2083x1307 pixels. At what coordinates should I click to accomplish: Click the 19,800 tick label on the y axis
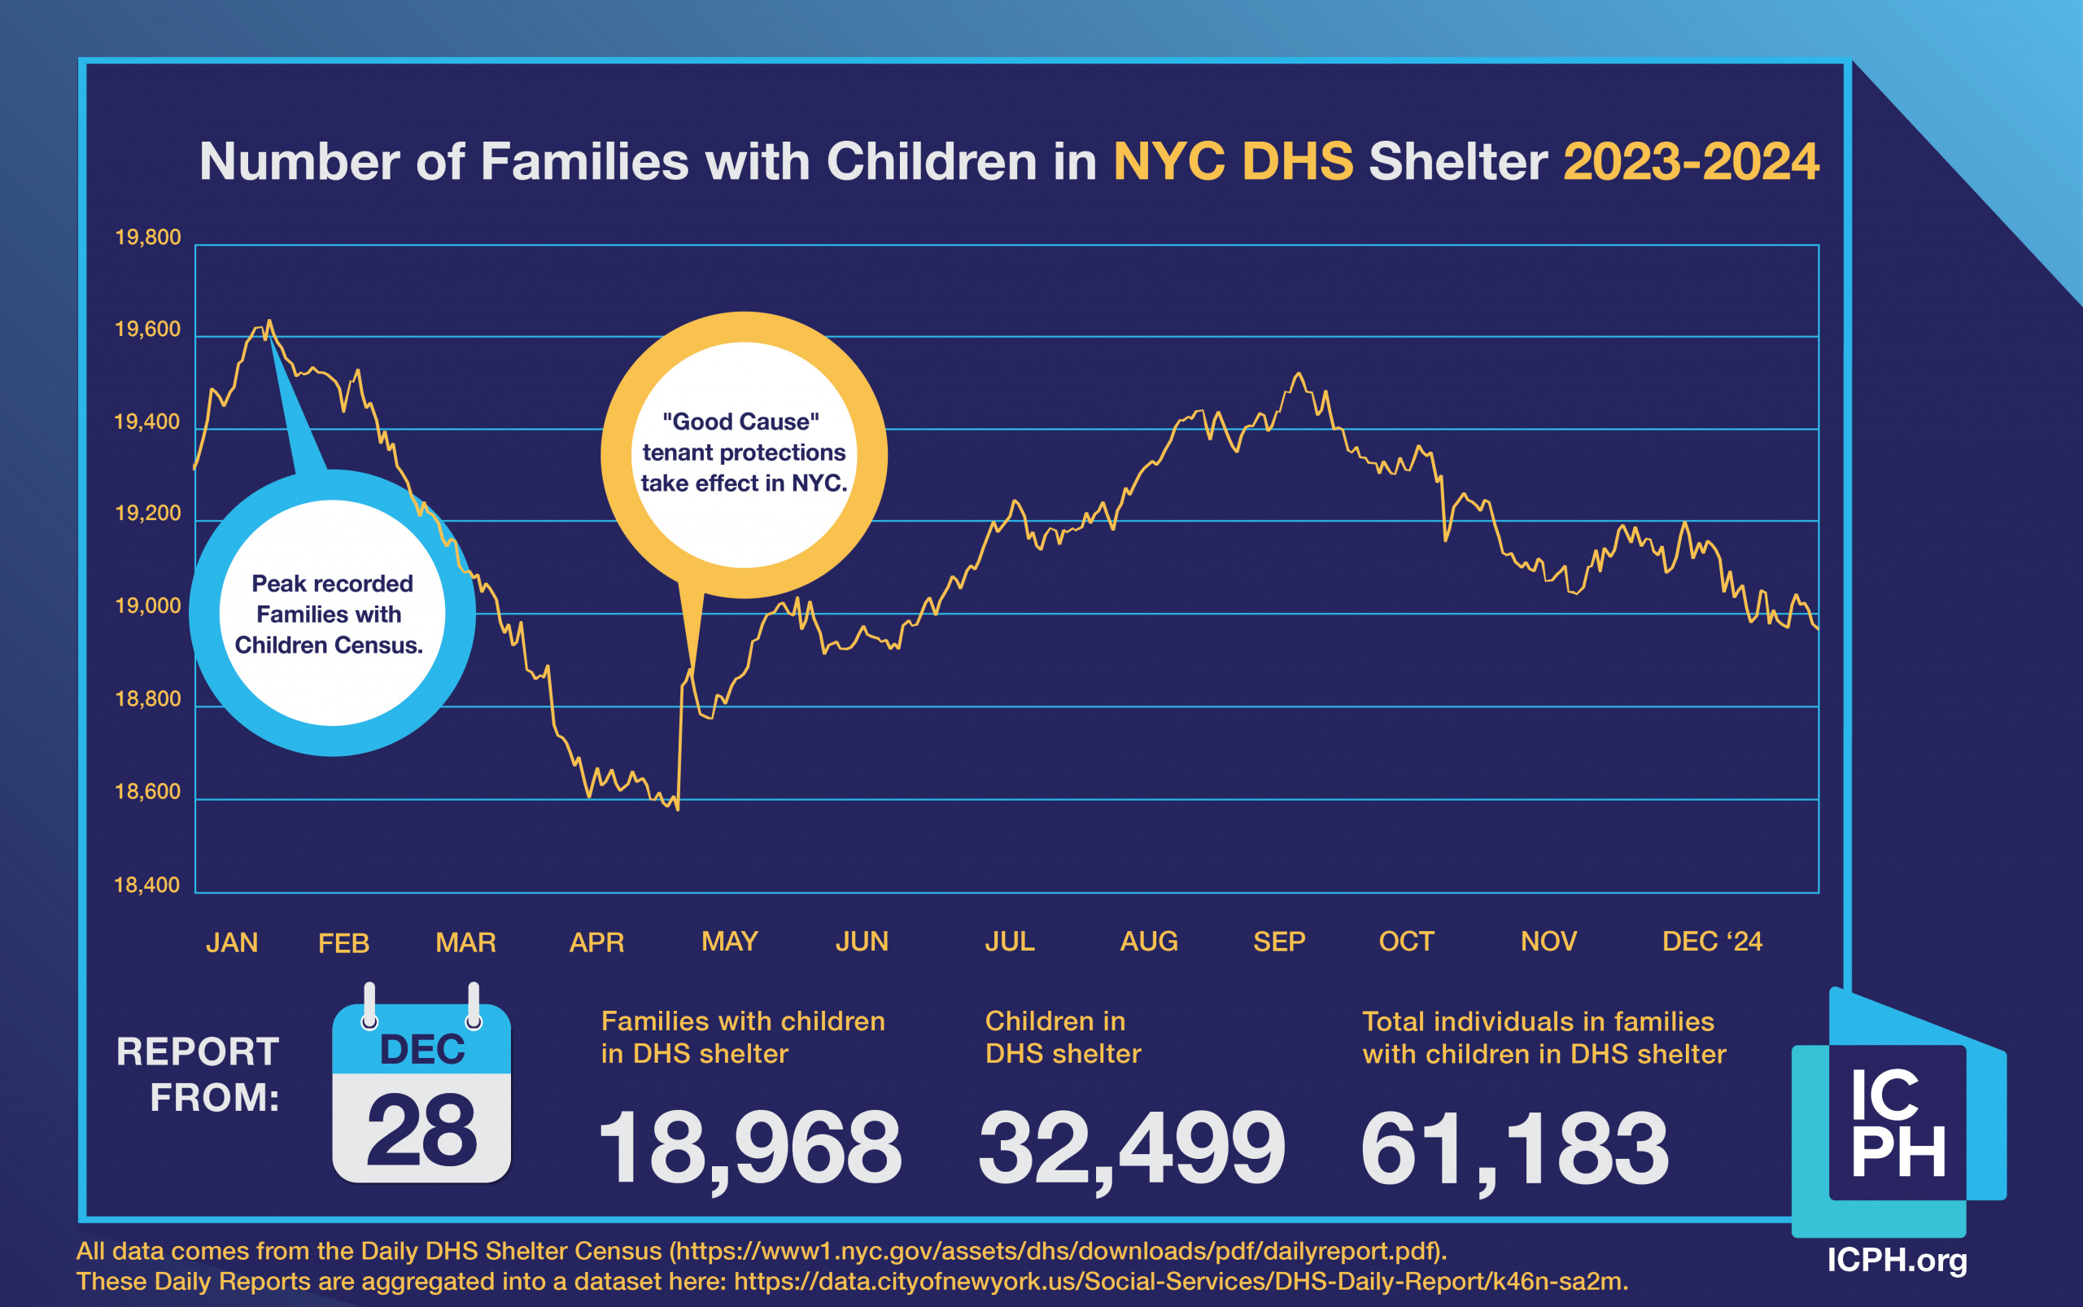148,238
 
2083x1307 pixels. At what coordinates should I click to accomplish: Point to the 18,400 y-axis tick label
147,885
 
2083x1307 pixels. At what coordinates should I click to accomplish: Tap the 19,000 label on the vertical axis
148,606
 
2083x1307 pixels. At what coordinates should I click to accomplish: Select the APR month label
596,942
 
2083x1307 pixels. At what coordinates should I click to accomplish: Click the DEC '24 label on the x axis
1711,942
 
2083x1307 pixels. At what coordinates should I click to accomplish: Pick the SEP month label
1278,942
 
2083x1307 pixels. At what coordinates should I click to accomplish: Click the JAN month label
232,942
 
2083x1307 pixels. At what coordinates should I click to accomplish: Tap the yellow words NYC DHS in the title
1233,162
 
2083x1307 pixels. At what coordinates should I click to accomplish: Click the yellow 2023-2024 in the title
1691,162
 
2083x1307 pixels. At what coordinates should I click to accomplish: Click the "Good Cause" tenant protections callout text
744,452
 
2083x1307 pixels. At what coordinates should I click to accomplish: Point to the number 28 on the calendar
421,1129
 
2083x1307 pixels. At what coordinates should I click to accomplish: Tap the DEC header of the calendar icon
421,1049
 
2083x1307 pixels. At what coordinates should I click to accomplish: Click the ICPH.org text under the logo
1897,1260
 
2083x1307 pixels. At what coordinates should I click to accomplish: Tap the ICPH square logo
1898,1121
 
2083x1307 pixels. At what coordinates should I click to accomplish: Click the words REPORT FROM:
199,1074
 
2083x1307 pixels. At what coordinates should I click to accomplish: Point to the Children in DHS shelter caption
1063,1038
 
